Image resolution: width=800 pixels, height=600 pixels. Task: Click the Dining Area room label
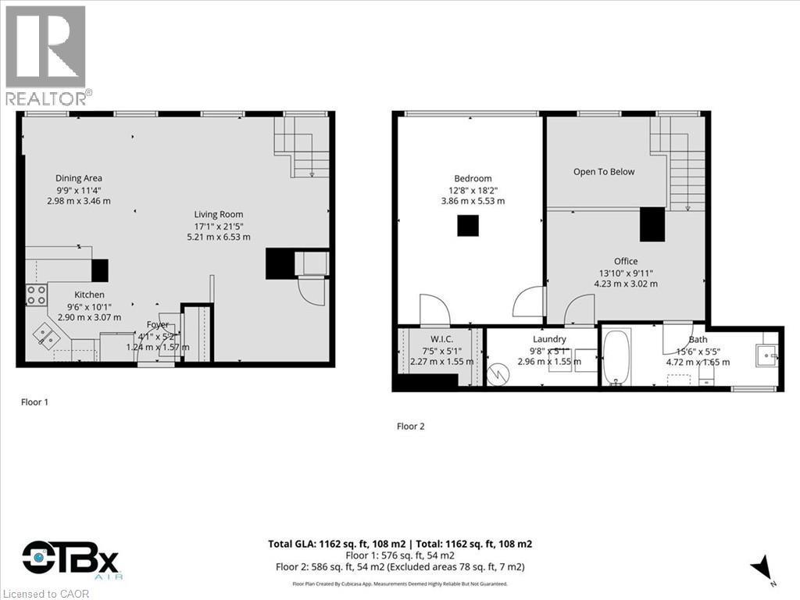(x=78, y=178)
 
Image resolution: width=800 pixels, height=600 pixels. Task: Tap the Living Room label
(x=219, y=214)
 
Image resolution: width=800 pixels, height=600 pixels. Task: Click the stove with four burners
(x=37, y=295)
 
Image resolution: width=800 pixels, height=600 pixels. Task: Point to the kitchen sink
(x=45, y=337)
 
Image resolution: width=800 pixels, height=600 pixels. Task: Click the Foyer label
(x=158, y=325)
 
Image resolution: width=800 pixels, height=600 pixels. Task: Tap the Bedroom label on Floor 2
(x=473, y=178)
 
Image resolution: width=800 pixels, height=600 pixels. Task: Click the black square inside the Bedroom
(x=467, y=225)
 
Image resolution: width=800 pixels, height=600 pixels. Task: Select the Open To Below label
(x=604, y=172)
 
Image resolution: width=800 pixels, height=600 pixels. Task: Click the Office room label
(x=625, y=261)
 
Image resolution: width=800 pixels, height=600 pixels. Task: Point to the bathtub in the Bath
(x=617, y=358)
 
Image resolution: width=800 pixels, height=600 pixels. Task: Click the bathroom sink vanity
(x=765, y=356)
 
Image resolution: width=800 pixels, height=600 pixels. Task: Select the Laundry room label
(x=549, y=339)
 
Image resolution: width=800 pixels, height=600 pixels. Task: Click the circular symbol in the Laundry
(x=498, y=374)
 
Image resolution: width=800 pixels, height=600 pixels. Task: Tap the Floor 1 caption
(x=34, y=402)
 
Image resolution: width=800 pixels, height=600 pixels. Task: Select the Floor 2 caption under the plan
(x=410, y=427)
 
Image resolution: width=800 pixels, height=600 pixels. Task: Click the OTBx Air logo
(x=70, y=559)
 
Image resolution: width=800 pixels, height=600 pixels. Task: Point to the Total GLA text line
(x=400, y=544)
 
